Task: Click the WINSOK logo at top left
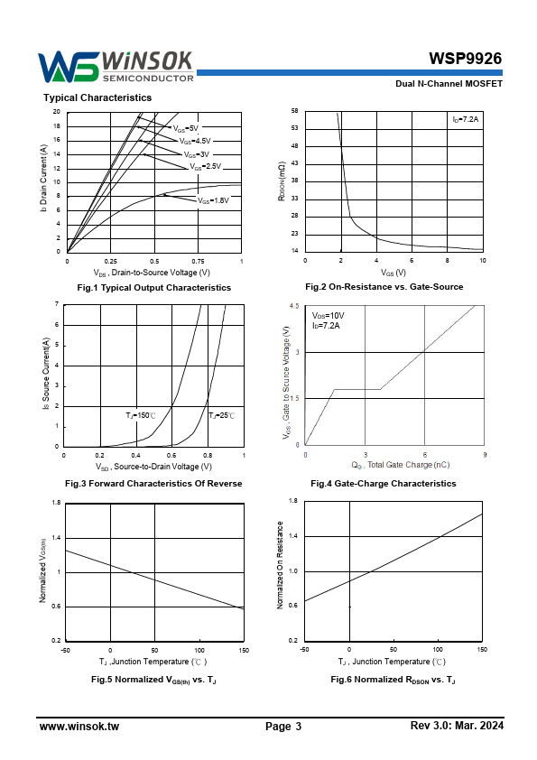pyautogui.click(x=116, y=67)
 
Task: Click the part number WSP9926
pyautogui.click(x=466, y=59)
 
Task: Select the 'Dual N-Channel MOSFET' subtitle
pyautogui.click(x=449, y=83)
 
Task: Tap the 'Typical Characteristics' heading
pyautogui.click(x=97, y=97)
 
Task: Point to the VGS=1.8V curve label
pyautogui.click(x=213, y=200)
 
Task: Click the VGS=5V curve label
pyautogui.click(x=186, y=128)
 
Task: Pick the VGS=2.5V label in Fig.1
pyautogui.click(x=206, y=166)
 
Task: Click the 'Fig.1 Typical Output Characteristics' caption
pyautogui.click(x=154, y=287)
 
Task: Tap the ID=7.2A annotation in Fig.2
pyautogui.click(x=466, y=119)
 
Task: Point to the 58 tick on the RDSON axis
pyautogui.click(x=294, y=111)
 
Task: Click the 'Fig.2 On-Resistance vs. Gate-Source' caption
pyautogui.click(x=384, y=286)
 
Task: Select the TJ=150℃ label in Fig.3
pyautogui.click(x=141, y=415)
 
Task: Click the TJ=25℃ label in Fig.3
pyautogui.click(x=222, y=415)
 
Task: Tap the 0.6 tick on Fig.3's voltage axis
pyautogui.click(x=171, y=455)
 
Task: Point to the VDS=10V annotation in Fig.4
pyautogui.click(x=329, y=316)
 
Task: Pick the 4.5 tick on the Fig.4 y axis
pyautogui.click(x=294, y=306)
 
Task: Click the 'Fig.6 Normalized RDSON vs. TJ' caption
pyautogui.click(x=393, y=680)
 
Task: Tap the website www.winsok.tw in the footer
pyautogui.click(x=79, y=726)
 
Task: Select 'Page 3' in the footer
pyautogui.click(x=283, y=726)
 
